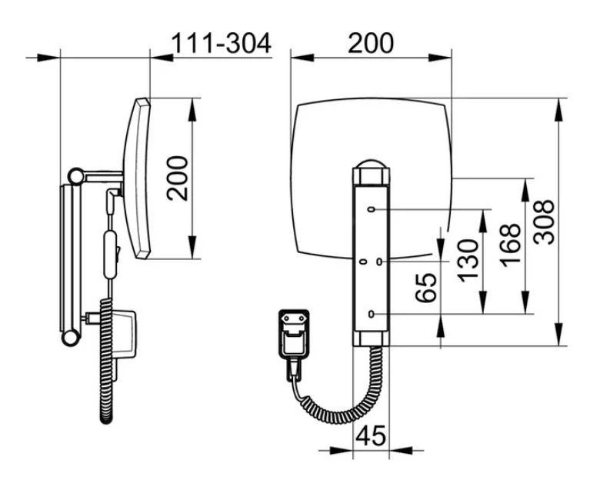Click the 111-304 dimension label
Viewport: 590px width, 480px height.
(222, 43)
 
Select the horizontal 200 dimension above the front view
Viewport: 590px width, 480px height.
(371, 43)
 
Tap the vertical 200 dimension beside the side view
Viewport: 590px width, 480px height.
(178, 178)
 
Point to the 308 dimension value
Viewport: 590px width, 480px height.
(544, 222)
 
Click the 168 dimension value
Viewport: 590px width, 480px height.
(510, 245)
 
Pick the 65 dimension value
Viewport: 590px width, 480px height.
(426, 288)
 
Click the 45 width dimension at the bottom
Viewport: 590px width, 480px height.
(371, 436)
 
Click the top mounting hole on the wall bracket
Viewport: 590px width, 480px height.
(372, 209)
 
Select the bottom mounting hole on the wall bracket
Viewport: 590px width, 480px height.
(372, 314)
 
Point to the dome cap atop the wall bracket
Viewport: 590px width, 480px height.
(371, 164)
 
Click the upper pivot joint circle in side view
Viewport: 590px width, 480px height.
(75, 176)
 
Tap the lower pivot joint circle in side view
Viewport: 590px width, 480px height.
(70, 338)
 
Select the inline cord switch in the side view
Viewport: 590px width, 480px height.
(111, 255)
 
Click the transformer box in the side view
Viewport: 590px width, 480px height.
(123, 334)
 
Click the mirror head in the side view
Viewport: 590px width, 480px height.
(137, 178)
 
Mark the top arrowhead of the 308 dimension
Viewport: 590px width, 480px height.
(559, 109)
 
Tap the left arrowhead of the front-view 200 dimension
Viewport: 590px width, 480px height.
(302, 58)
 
